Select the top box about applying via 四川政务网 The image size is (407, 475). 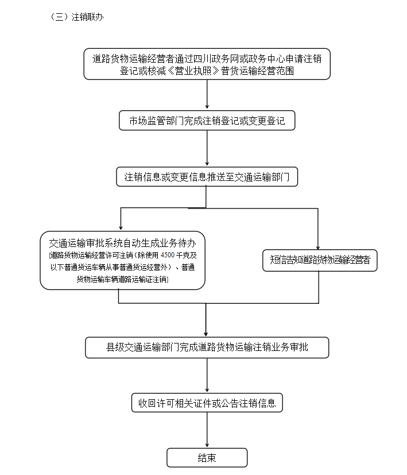(207, 64)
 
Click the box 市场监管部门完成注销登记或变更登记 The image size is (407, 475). (207, 121)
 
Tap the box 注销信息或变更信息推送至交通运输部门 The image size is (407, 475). (207, 177)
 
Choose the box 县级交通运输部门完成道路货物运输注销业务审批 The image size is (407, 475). (207, 347)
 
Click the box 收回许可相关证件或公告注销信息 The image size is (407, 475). (207, 403)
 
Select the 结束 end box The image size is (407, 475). (207, 458)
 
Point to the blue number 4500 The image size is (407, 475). (168, 255)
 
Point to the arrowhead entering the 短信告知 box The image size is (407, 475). (319, 246)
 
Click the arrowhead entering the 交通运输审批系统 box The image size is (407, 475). (120, 227)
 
